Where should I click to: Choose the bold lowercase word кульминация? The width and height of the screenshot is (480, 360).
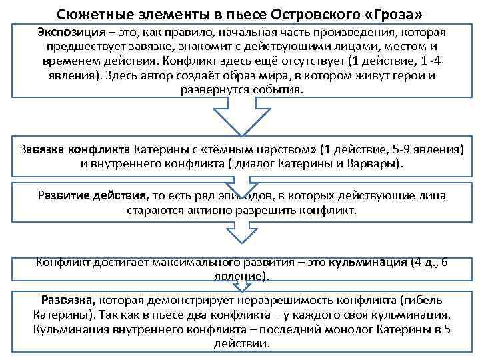(366, 262)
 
